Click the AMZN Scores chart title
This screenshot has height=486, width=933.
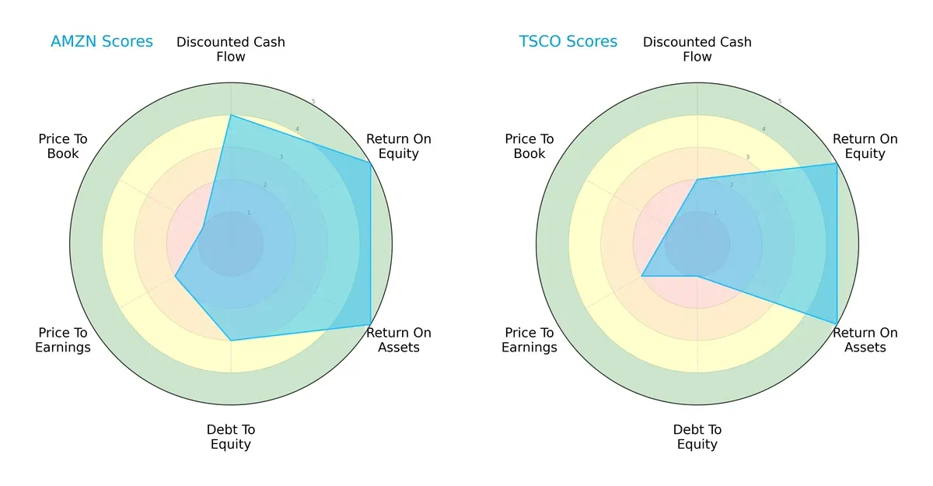pos(102,42)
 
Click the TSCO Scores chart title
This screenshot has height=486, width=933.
pos(568,42)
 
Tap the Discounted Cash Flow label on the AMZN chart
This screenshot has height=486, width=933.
pos(231,49)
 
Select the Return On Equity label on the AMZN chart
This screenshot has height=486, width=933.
pos(399,146)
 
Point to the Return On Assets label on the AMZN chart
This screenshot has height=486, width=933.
pos(399,340)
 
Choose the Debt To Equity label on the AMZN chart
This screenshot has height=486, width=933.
pos(231,437)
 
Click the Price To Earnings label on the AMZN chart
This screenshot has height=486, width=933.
pos(63,340)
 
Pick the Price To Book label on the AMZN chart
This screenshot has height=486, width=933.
pos(63,146)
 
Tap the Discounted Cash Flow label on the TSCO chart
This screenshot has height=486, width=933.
pos(697,49)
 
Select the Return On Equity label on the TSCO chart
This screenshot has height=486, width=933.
pos(865,146)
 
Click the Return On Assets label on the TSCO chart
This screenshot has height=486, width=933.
pos(865,340)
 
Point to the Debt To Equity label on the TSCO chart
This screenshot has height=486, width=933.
pos(697,437)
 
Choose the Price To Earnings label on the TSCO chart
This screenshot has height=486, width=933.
pos(529,340)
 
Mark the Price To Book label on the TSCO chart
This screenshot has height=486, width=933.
pos(529,146)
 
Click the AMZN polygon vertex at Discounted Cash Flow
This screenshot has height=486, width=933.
pos(231,116)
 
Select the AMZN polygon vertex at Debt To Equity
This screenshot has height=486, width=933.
pos(231,341)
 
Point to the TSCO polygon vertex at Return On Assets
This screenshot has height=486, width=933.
pos(837,323)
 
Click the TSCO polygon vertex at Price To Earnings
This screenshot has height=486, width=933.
pos(641,276)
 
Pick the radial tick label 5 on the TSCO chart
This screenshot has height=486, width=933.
pos(780,101)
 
